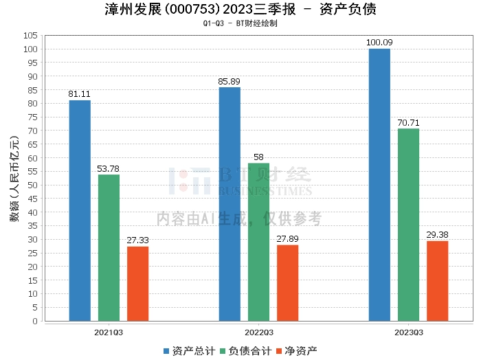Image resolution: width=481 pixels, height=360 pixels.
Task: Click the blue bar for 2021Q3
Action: coord(80,211)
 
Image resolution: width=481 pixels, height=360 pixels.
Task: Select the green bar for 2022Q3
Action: coord(258,242)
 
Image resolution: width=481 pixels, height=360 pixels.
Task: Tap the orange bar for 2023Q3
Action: coord(438,281)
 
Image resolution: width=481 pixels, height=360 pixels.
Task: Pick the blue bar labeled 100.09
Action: coord(379,185)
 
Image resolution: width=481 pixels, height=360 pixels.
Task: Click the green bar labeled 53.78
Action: coord(109,248)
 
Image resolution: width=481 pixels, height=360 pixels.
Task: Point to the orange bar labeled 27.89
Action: coord(287,283)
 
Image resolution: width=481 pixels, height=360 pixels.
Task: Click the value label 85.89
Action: coord(229,82)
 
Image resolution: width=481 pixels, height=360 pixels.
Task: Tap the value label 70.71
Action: coord(408,123)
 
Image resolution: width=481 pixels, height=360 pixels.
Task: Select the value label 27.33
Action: coord(137,240)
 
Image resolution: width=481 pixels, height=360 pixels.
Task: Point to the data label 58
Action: coord(258,157)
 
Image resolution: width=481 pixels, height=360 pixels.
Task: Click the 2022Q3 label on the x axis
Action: coord(259,333)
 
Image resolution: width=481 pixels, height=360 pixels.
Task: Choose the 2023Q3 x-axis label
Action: coord(409,333)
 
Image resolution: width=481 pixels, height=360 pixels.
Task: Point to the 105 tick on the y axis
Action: coord(30,36)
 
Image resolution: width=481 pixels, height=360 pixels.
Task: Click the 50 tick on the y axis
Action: coord(32,185)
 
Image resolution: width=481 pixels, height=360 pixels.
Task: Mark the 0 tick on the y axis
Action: coord(35,321)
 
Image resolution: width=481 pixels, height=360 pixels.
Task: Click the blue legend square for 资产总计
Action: coord(166,351)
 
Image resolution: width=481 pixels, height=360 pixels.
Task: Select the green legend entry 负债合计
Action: coord(246,351)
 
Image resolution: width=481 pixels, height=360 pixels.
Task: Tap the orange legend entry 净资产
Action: coord(297,351)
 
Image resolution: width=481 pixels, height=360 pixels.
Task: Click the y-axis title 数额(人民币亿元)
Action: coord(14,179)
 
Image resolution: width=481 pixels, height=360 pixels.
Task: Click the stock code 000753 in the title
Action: coord(192,9)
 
